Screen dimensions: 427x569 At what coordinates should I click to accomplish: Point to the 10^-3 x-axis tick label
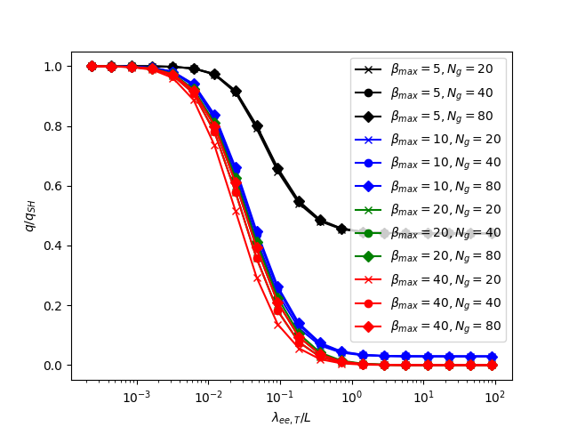(x=136, y=395)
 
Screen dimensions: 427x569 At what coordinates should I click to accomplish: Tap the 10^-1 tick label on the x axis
(x=280, y=395)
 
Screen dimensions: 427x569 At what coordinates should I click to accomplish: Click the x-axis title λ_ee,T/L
(x=292, y=416)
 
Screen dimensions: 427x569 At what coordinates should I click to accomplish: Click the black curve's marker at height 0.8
(x=257, y=126)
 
